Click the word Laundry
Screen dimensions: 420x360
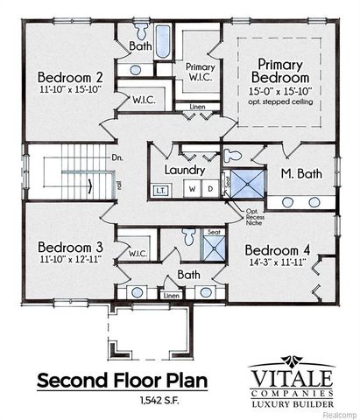pyautogui.click(x=184, y=170)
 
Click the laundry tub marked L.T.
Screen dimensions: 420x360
pyautogui.click(x=161, y=189)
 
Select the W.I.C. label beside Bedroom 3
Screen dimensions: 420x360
pyautogui.click(x=137, y=254)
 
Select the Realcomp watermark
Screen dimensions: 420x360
pyautogui.click(x=340, y=412)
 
